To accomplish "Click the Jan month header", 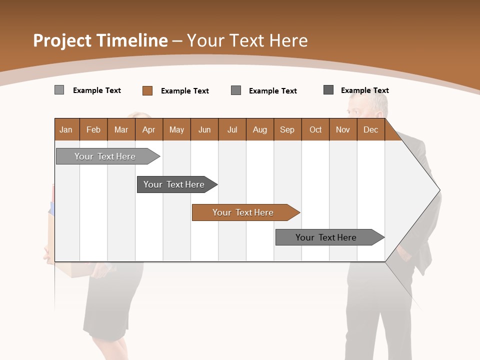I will (66, 129).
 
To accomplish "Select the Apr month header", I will (149, 129).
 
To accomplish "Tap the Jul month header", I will (232, 129).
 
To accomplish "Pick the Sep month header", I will (287, 129).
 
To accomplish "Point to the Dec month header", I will (370, 129).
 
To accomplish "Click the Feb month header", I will (93, 129).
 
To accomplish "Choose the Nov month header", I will (342, 129).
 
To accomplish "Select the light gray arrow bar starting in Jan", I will (105, 156).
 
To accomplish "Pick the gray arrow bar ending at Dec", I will (326, 237).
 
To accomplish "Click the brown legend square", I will (147, 90).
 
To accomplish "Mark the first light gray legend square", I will (59, 90).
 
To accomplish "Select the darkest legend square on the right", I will (328, 90).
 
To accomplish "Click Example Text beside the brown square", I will (184, 91).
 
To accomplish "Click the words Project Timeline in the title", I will (100, 40).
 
